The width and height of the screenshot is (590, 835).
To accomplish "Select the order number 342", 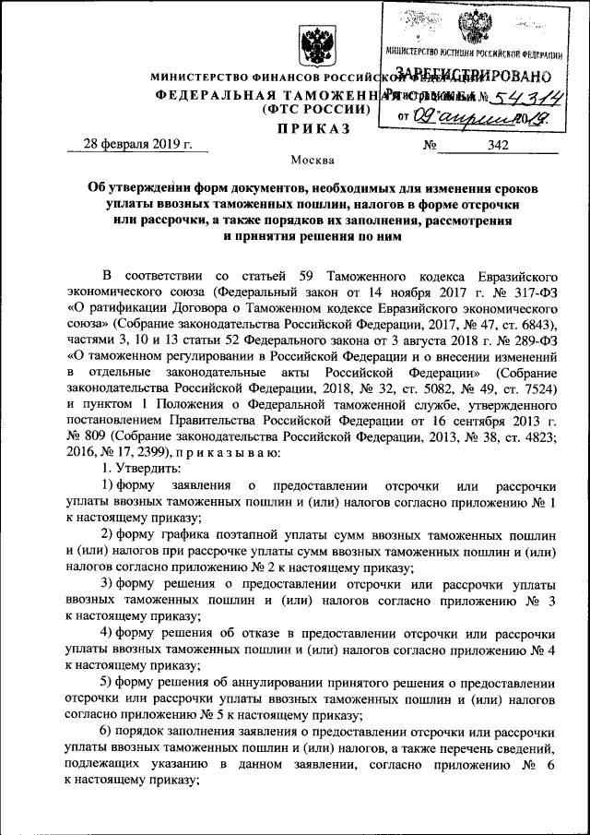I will click(x=501, y=144).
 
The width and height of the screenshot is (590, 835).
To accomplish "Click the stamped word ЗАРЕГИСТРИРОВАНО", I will click(x=473, y=75).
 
